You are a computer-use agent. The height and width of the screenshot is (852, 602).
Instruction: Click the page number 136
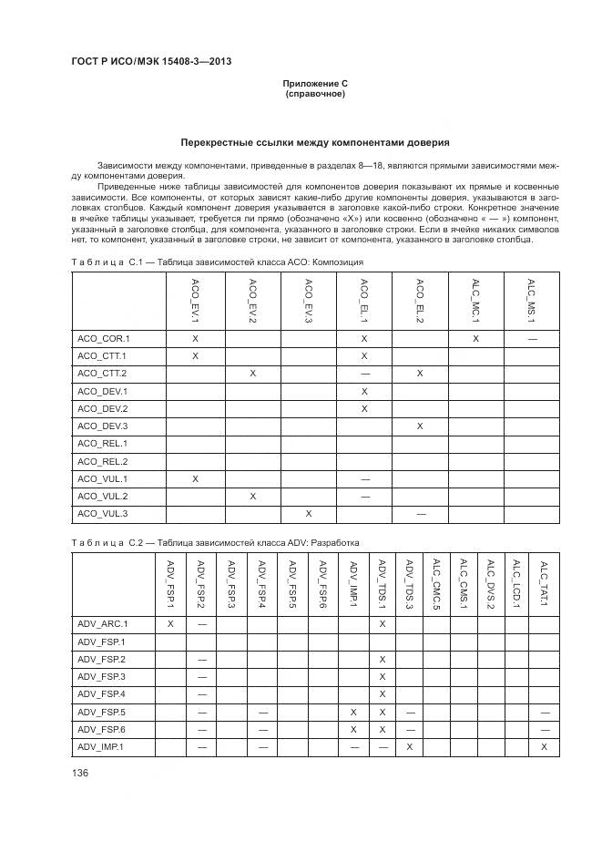[x=80, y=773]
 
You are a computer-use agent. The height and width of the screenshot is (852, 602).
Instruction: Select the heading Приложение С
[x=315, y=84]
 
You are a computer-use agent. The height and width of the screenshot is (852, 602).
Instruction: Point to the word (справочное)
[x=315, y=94]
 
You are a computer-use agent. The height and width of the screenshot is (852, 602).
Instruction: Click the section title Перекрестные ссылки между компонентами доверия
[x=314, y=143]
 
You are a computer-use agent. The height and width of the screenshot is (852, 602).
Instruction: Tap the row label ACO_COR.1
[x=104, y=338]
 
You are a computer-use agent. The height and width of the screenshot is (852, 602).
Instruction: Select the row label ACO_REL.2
[x=103, y=461]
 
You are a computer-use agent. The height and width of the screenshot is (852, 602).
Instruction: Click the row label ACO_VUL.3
[x=103, y=514]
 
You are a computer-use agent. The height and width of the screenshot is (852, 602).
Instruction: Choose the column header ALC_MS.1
[x=531, y=302]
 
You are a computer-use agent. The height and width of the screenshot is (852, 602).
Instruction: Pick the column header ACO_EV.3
[x=309, y=302]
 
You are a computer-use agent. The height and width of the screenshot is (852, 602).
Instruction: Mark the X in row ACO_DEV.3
[x=420, y=426]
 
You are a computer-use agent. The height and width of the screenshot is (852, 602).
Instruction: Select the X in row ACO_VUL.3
[x=309, y=514]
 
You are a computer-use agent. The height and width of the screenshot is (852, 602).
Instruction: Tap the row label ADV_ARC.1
[x=103, y=623]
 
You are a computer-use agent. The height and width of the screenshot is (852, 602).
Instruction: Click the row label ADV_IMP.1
[x=102, y=746]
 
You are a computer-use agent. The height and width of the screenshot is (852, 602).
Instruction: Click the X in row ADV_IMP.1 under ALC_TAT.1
[x=544, y=746]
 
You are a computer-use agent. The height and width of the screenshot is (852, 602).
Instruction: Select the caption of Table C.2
[x=215, y=542]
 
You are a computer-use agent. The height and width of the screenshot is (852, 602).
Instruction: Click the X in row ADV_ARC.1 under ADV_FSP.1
[x=170, y=623]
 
